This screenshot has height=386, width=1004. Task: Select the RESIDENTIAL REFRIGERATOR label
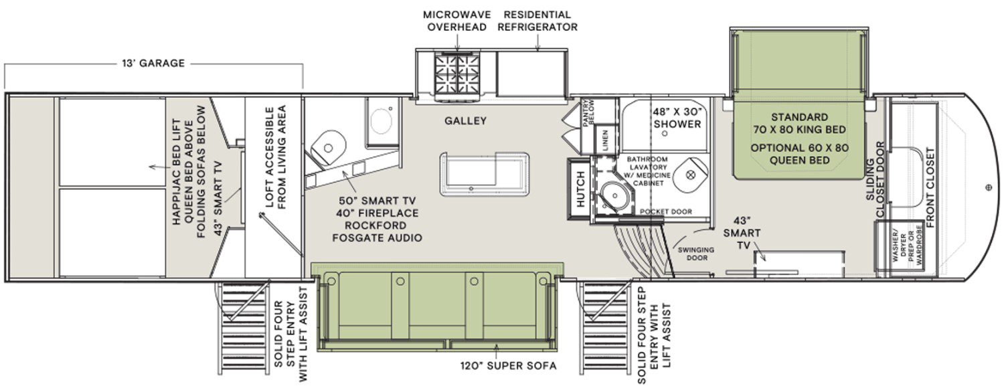click(537, 21)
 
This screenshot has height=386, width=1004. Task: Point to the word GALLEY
click(465, 121)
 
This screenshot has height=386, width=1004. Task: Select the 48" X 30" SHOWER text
click(677, 118)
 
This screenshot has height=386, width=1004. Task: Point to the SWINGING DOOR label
click(695, 253)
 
